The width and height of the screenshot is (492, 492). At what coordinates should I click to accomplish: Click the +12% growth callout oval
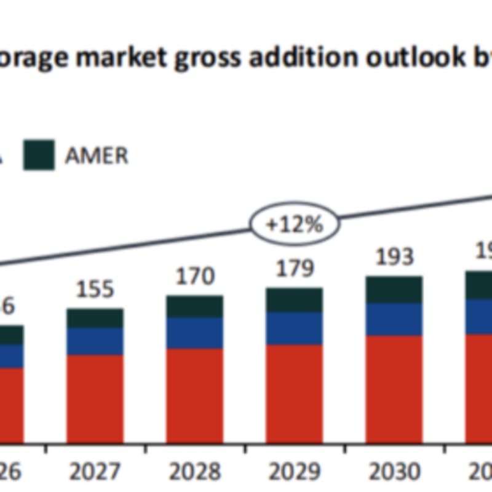tap(294, 224)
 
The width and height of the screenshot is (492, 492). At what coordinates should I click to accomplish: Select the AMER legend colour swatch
tap(39, 155)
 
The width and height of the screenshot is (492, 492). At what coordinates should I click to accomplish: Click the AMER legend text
tap(97, 156)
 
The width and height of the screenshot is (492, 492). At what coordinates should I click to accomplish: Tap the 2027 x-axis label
tap(95, 472)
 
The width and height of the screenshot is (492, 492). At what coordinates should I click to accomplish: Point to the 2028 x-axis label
tap(195, 472)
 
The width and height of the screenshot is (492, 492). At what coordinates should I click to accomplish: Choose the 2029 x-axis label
tap(294, 472)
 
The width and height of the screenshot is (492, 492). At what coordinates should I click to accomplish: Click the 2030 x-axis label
tap(394, 472)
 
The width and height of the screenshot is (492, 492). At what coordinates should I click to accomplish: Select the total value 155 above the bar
tap(95, 288)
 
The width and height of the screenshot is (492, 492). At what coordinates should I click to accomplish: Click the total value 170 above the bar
tap(195, 276)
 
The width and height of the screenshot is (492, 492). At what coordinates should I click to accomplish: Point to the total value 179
tap(295, 269)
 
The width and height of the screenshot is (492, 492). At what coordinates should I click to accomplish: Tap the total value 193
tap(394, 256)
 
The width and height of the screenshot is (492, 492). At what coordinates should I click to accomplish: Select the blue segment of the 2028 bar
tap(195, 333)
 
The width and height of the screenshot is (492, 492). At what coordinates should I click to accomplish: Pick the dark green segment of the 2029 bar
tap(295, 300)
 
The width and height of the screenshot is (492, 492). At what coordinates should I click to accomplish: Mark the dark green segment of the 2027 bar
tap(95, 318)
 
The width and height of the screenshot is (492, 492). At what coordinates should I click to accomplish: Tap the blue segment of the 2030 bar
tap(394, 319)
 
